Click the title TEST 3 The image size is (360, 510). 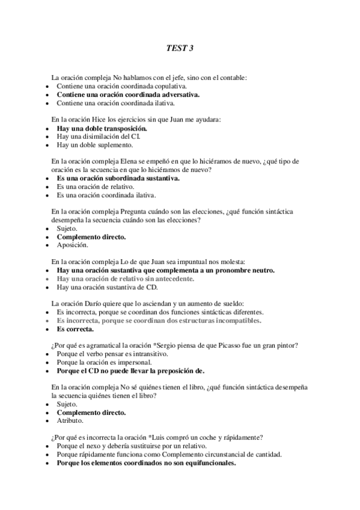click(x=180, y=48)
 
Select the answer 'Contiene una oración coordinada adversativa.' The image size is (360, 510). click(x=128, y=94)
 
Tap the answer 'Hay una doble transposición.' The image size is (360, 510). click(x=102, y=128)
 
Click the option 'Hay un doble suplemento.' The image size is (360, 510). click(x=95, y=145)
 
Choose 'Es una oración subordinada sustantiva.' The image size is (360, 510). click(x=118, y=179)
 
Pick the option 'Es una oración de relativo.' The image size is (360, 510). click(x=95, y=187)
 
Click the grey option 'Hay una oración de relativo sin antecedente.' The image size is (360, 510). click(x=133, y=279)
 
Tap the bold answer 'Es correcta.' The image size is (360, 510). click(x=75, y=330)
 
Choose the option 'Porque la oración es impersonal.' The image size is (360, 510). click(x=103, y=363)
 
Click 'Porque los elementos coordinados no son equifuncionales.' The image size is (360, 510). click(x=146, y=464)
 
